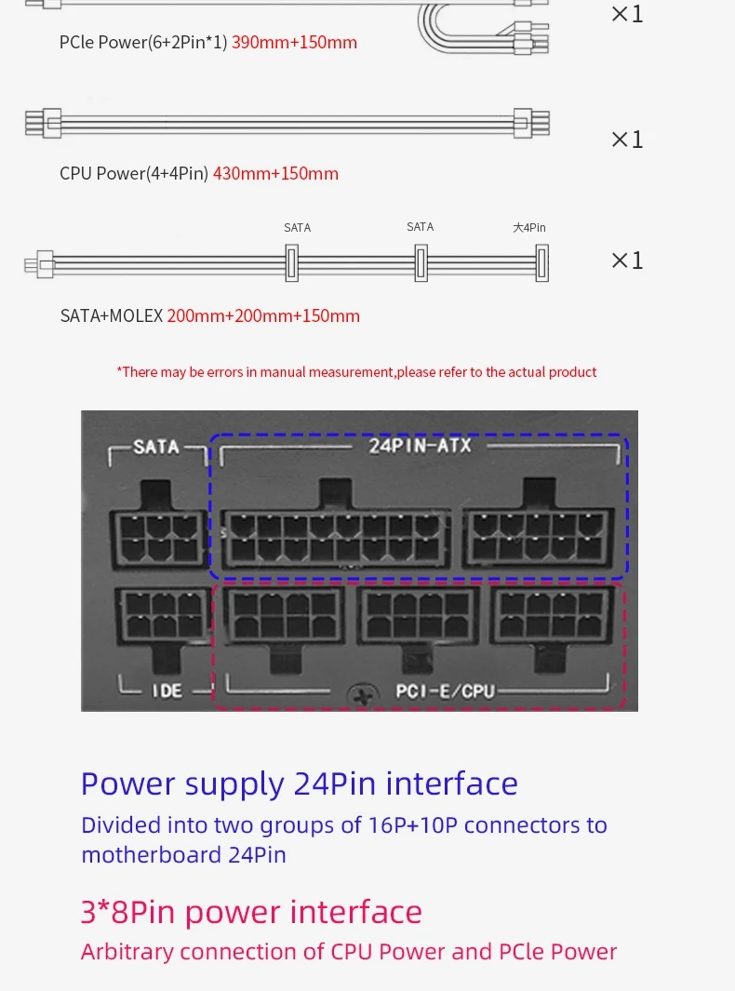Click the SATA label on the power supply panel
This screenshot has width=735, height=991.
[x=156, y=447]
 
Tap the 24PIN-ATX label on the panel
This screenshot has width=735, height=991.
[x=421, y=446]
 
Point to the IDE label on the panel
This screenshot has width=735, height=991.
[x=167, y=690]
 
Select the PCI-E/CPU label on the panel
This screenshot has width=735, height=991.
[x=445, y=691]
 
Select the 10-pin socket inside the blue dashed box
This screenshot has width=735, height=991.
[x=538, y=538]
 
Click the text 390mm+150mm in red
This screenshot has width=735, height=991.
[x=295, y=43]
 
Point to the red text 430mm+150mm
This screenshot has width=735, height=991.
[x=275, y=173]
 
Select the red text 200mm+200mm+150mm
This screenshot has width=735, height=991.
[x=263, y=315]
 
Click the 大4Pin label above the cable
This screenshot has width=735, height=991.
[x=529, y=228]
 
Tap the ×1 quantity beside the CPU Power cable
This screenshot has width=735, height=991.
[x=627, y=139]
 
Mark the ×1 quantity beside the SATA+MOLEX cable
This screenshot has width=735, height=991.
[x=627, y=260]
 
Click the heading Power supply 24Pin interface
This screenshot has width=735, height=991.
[x=300, y=783]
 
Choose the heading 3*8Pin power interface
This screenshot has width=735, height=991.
[x=251, y=912]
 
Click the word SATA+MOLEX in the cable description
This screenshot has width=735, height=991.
[x=112, y=315]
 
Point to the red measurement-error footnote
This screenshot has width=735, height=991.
[x=356, y=371]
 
